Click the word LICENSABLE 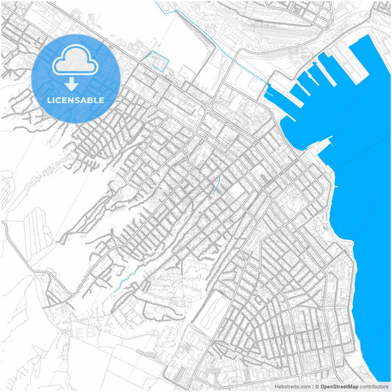(76, 100)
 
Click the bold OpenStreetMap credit (340, 385)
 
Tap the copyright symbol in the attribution (317, 385)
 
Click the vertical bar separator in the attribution (312, 385)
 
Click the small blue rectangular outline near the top (158, 60)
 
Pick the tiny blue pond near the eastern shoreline (324, 228)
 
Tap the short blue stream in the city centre (216, 184)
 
